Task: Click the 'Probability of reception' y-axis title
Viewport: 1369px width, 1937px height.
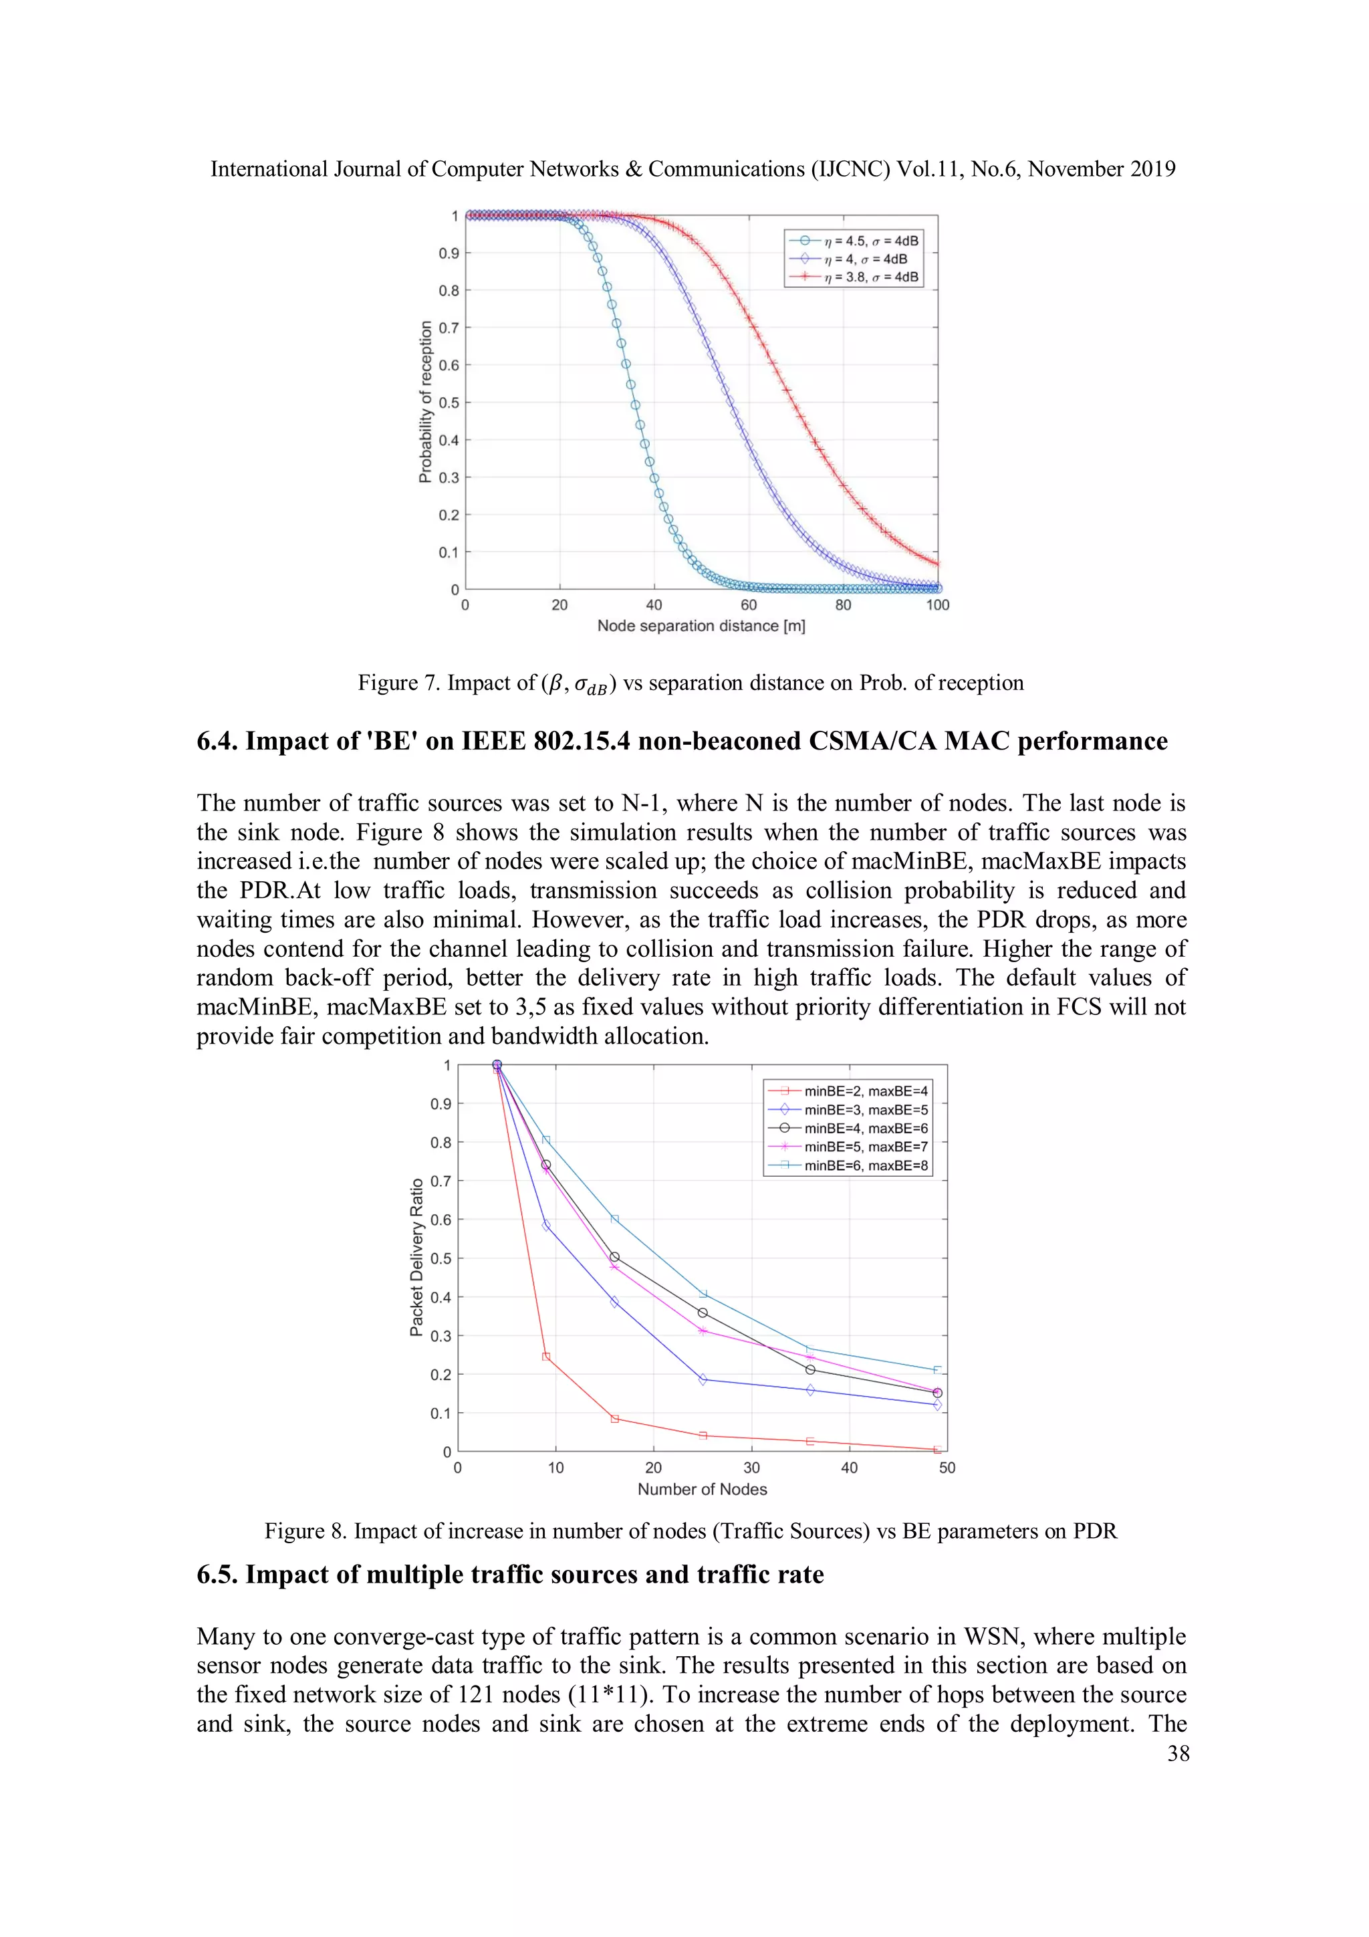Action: pos(425,402)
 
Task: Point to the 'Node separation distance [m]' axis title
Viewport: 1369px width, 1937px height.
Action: pos(701,626)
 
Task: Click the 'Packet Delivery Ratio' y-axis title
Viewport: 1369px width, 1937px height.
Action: pos(416,1258)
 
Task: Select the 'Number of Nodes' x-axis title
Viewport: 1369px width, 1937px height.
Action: pos(702,1489)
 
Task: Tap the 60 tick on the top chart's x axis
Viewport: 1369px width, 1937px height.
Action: pos(748,605)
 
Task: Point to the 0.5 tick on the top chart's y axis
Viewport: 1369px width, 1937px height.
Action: pos(449,403)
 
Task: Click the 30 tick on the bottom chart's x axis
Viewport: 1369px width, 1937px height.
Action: pos(751,1468)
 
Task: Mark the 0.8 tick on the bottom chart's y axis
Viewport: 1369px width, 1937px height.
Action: pos(441,1142)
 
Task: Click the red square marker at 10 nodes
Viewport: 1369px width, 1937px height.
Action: pos(545,1357)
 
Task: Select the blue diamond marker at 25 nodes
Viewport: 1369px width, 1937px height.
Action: pos(703,1379)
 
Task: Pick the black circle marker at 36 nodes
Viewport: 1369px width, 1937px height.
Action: pos(810,1369)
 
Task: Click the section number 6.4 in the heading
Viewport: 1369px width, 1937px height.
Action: pos(217,741)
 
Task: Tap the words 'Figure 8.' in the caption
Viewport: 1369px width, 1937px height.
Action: pos(305,1531)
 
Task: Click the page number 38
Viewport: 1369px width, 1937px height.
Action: pos(1178,1753)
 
